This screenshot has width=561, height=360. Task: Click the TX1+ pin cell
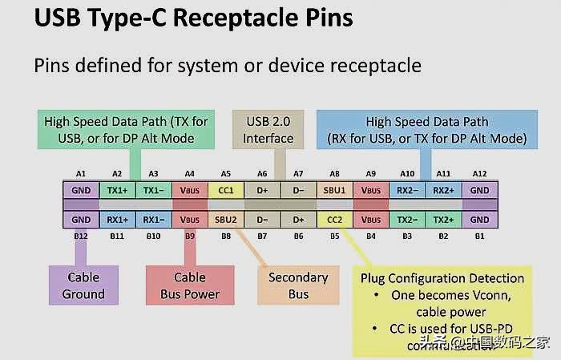point(118,191)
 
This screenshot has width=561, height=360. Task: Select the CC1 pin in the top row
point(226,191)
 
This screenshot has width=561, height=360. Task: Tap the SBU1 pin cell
point(335,191)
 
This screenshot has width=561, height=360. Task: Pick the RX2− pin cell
point(407,191)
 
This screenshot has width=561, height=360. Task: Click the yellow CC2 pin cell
point(335,219)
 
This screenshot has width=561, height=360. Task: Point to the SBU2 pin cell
point(226,219)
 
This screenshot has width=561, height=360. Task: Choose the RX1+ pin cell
point(118,219)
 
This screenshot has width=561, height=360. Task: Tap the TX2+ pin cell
point(442,219)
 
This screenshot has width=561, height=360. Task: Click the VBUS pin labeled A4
point(190,191)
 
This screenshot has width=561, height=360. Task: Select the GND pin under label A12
point(479,191)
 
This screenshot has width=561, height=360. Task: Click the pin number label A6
point(262,174)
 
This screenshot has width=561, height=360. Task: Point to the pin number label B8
point(226,237)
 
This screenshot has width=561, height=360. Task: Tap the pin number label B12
point(81,237)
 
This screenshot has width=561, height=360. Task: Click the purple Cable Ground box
point(83,285)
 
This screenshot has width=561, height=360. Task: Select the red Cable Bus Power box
point(190,285)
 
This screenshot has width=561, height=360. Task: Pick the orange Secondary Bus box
point(298,285)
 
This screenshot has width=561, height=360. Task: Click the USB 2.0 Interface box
point(268,131)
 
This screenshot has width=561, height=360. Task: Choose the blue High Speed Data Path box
point(426,131)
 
